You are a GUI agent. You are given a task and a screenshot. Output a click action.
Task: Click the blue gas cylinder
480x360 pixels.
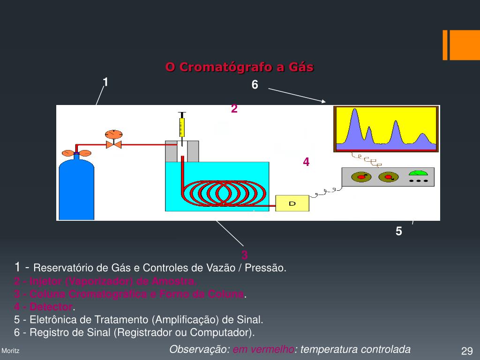click(76, 190)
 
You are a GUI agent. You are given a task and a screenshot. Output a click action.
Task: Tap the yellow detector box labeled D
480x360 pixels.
click(292, 203)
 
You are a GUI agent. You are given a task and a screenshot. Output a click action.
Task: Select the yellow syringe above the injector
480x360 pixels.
click(181, 127)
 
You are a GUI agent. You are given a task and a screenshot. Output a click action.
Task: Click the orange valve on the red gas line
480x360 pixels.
click(113, 144)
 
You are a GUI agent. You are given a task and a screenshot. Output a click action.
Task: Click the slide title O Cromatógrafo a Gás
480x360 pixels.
click(239, 67)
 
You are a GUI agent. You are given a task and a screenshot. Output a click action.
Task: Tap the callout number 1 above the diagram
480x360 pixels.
click(106, 82)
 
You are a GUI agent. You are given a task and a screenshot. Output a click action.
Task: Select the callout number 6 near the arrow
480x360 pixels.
click(255, 85)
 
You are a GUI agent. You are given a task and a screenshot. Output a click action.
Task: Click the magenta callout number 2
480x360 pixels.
click(234, 109)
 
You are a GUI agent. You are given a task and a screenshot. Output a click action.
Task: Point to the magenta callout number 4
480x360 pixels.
click(306, 162)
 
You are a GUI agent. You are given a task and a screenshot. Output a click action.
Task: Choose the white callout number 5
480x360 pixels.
click(399, 231)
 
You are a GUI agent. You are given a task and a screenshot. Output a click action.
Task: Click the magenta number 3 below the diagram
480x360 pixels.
click(245, 255)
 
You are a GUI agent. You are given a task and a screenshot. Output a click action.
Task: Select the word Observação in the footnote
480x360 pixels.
click(199, 349)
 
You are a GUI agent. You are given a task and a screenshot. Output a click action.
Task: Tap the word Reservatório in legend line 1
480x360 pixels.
click(64, 268)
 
